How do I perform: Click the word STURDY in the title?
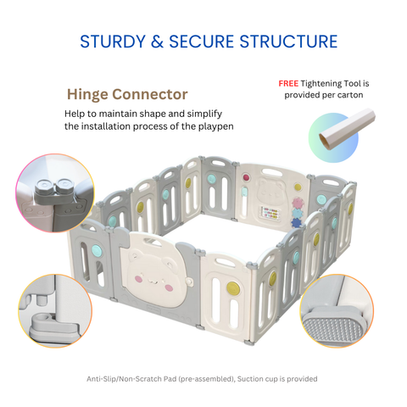tap(113, 42)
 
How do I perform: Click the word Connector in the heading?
tap(150, 94)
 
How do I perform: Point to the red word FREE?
tap(288, 83)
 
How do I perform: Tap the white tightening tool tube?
tap(347, 129)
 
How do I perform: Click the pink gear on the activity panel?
tap(298, 203)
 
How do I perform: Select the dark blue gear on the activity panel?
tap(296, 222)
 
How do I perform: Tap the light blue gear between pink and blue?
tap(297, 213)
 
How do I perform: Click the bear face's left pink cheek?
tap(138, 279)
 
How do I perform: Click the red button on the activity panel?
tap(246, 177)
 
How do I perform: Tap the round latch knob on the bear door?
tap(189, 282)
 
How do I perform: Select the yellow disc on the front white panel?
tap(233, 288)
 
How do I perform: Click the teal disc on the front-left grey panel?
tap(97, 250)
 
